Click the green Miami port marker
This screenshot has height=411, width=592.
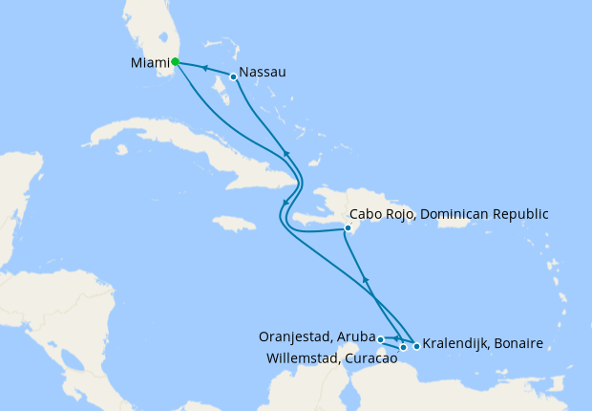[175, 62]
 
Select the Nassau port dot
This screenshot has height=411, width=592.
[233, 76]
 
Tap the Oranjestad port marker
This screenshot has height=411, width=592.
[380, 338]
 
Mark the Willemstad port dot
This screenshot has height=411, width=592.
[404, 347]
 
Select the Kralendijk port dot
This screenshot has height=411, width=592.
[416, 345]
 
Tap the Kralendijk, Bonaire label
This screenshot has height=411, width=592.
[484, 343]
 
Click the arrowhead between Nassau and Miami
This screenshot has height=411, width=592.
[204, 69]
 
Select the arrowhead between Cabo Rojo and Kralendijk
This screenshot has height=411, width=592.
[366, 278]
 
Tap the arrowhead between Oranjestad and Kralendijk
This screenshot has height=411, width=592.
[397, 338]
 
